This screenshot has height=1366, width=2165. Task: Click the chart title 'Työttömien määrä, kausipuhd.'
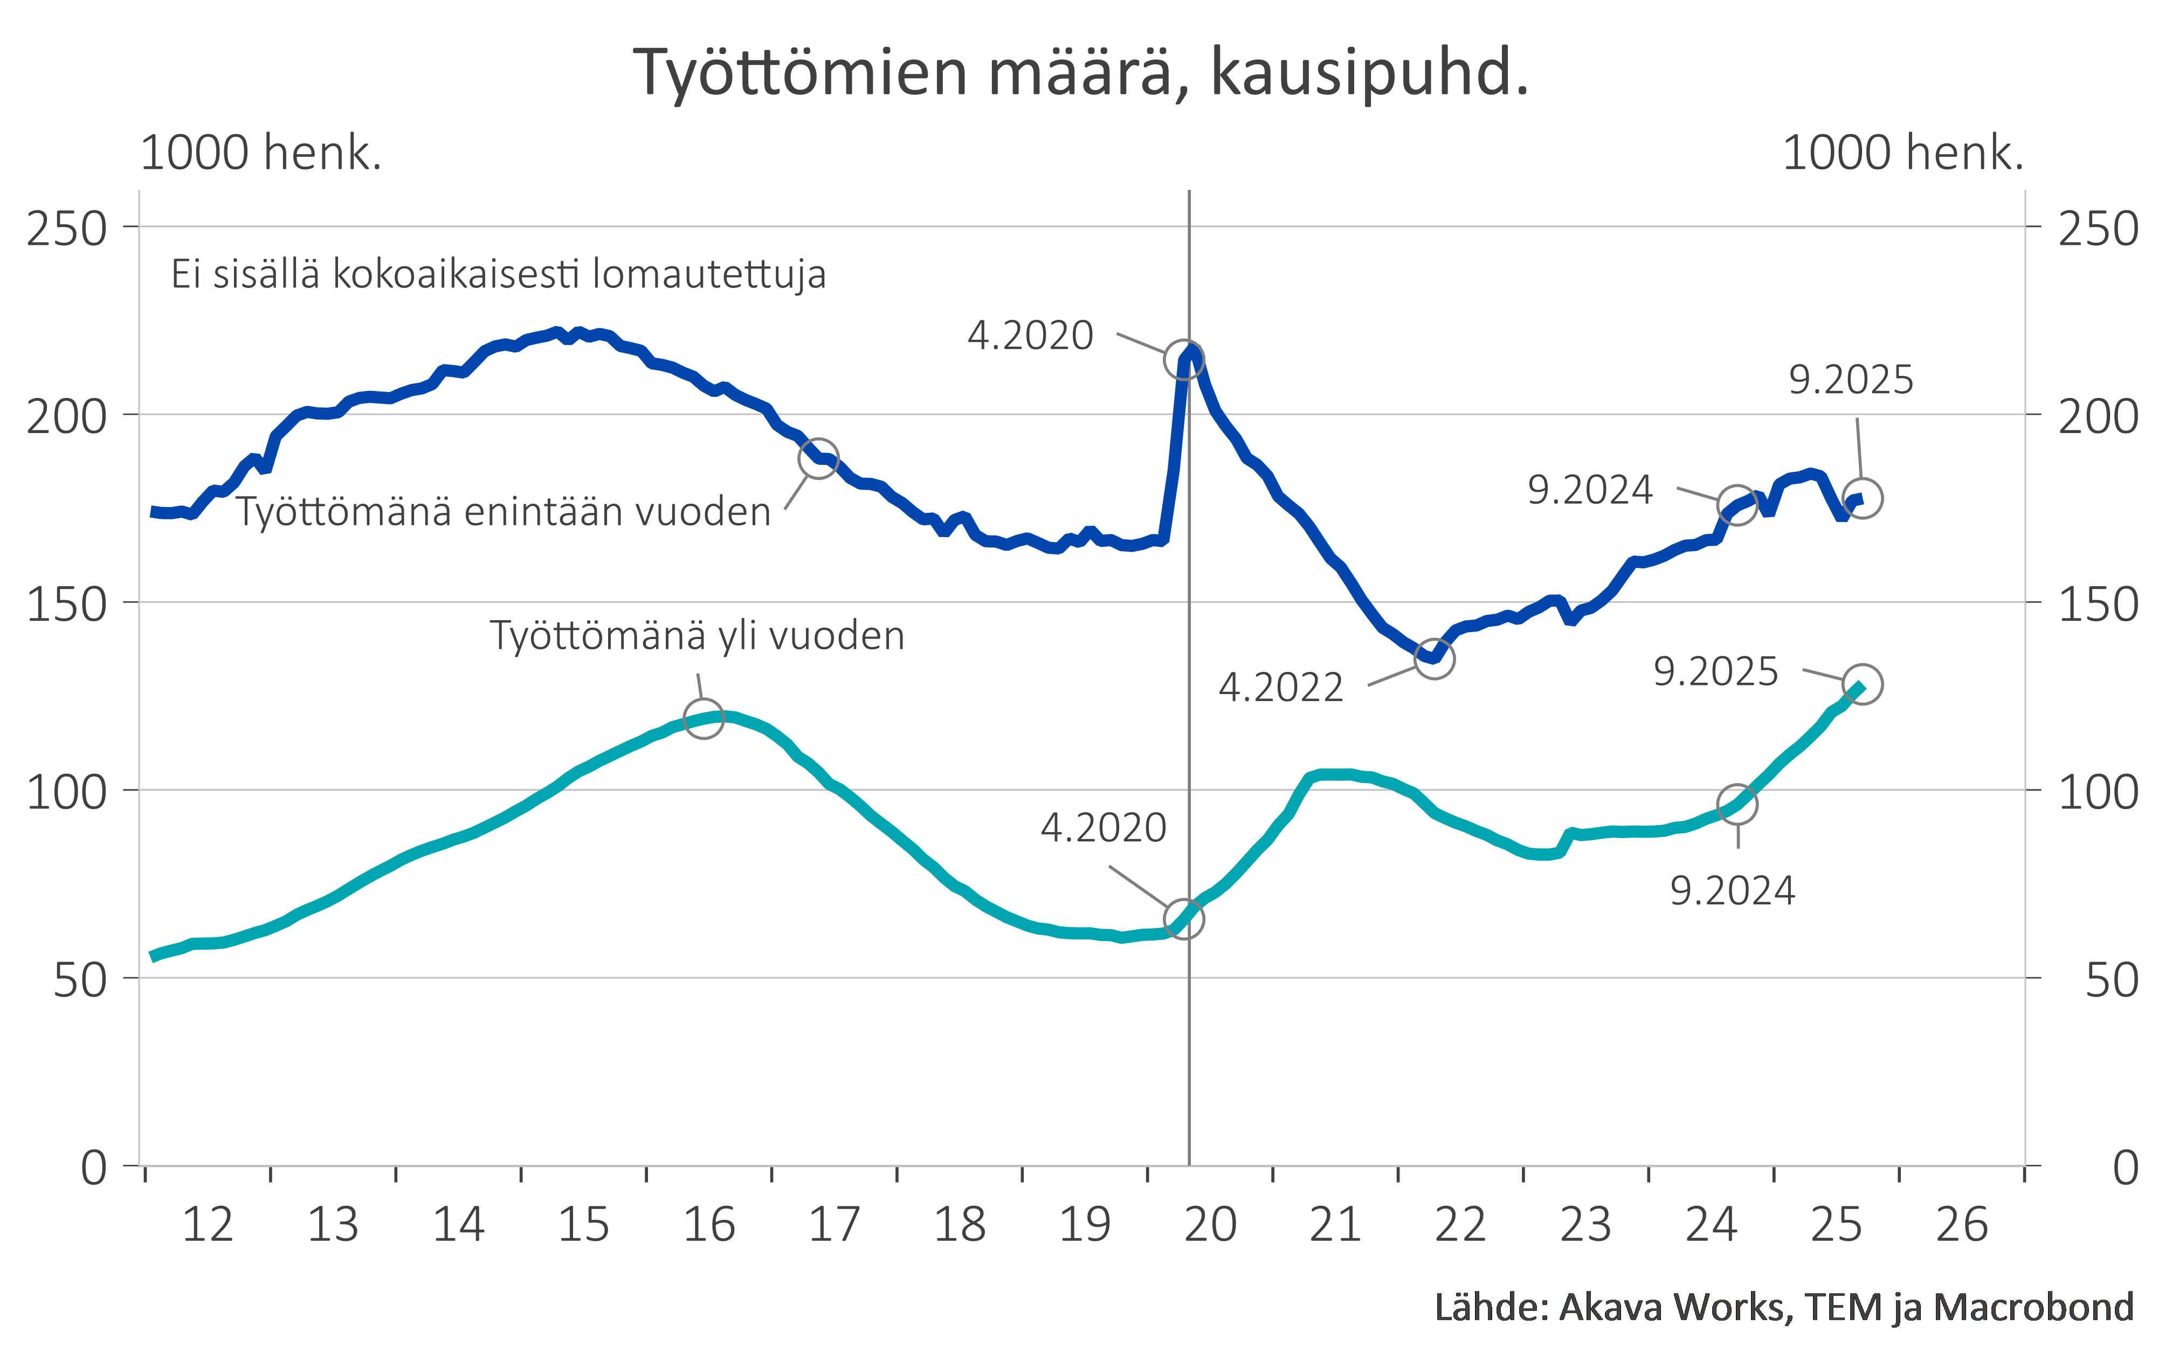click(x=1081, y=72)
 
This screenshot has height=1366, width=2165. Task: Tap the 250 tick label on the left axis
click(x=66, y=229)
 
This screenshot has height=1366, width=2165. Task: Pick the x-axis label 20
click(x=1210, y=1225)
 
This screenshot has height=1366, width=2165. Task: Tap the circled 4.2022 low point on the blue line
click(x=1434, y=658)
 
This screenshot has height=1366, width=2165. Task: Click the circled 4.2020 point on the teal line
click(x=1183, y=919)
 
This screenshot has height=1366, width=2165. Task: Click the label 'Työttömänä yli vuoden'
click(x=697, y=636)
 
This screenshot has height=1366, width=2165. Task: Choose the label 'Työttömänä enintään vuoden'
click(x=504, y=512)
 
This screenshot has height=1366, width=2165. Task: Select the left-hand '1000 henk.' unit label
click(x=261, y=153)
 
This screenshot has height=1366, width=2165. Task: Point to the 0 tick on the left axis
click(x=93, y=1168)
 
